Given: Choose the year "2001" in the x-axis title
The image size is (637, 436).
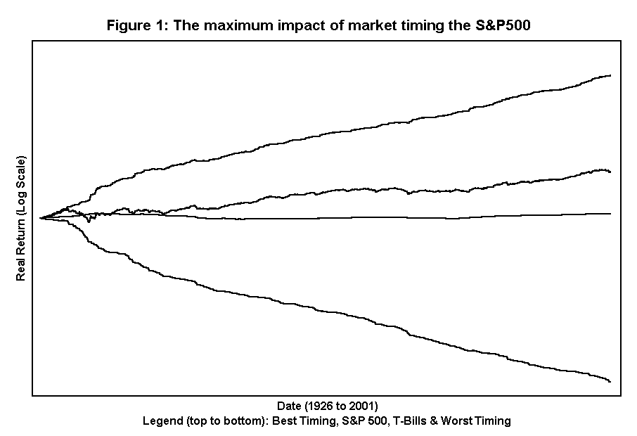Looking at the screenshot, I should [362, 406].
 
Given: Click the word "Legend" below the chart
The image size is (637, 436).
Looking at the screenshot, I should [161, 421].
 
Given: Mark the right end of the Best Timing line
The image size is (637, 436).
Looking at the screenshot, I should [610, 75].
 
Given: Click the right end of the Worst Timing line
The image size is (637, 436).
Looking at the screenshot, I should [610, 381].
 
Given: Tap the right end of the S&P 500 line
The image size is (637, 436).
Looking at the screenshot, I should [610, 172].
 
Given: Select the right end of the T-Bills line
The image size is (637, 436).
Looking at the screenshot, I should [610, 213].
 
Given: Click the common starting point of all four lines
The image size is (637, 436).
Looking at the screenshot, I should [41, 218].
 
